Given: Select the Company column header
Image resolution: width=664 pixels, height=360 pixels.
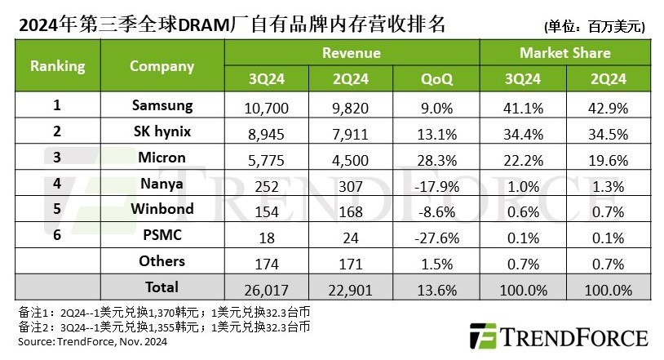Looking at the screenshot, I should point(162,66).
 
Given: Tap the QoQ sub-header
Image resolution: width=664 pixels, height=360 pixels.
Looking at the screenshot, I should point(437,78).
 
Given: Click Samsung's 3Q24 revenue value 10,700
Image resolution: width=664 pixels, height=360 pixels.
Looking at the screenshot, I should point(267,106).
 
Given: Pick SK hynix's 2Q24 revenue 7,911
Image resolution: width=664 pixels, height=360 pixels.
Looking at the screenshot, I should point(352,132).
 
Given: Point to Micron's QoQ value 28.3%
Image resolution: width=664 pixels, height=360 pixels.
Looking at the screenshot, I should point(437,158).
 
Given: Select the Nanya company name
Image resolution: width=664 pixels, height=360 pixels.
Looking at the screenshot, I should point(162,183).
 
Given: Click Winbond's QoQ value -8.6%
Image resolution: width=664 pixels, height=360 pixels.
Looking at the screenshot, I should point(437,210).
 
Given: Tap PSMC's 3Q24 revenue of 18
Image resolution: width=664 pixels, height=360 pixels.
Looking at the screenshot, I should point(267,236).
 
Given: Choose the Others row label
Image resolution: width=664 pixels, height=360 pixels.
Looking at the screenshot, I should point(162,261).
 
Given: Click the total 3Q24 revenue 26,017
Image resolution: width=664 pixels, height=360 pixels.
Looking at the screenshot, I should point(267,288).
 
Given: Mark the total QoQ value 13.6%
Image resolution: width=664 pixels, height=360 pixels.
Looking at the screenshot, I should point(437,288).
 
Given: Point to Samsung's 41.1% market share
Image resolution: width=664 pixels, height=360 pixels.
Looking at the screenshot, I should point(521,106).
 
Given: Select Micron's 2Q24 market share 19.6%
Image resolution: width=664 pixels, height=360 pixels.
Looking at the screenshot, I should point(609,158).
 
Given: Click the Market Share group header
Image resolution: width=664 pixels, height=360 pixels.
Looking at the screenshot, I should point(564,53).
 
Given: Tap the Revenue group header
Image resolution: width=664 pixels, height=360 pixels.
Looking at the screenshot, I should point(352,53).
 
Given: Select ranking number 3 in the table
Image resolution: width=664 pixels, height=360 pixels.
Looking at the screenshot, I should point(57,158).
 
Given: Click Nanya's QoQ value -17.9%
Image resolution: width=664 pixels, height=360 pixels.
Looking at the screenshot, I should point(437,184).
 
